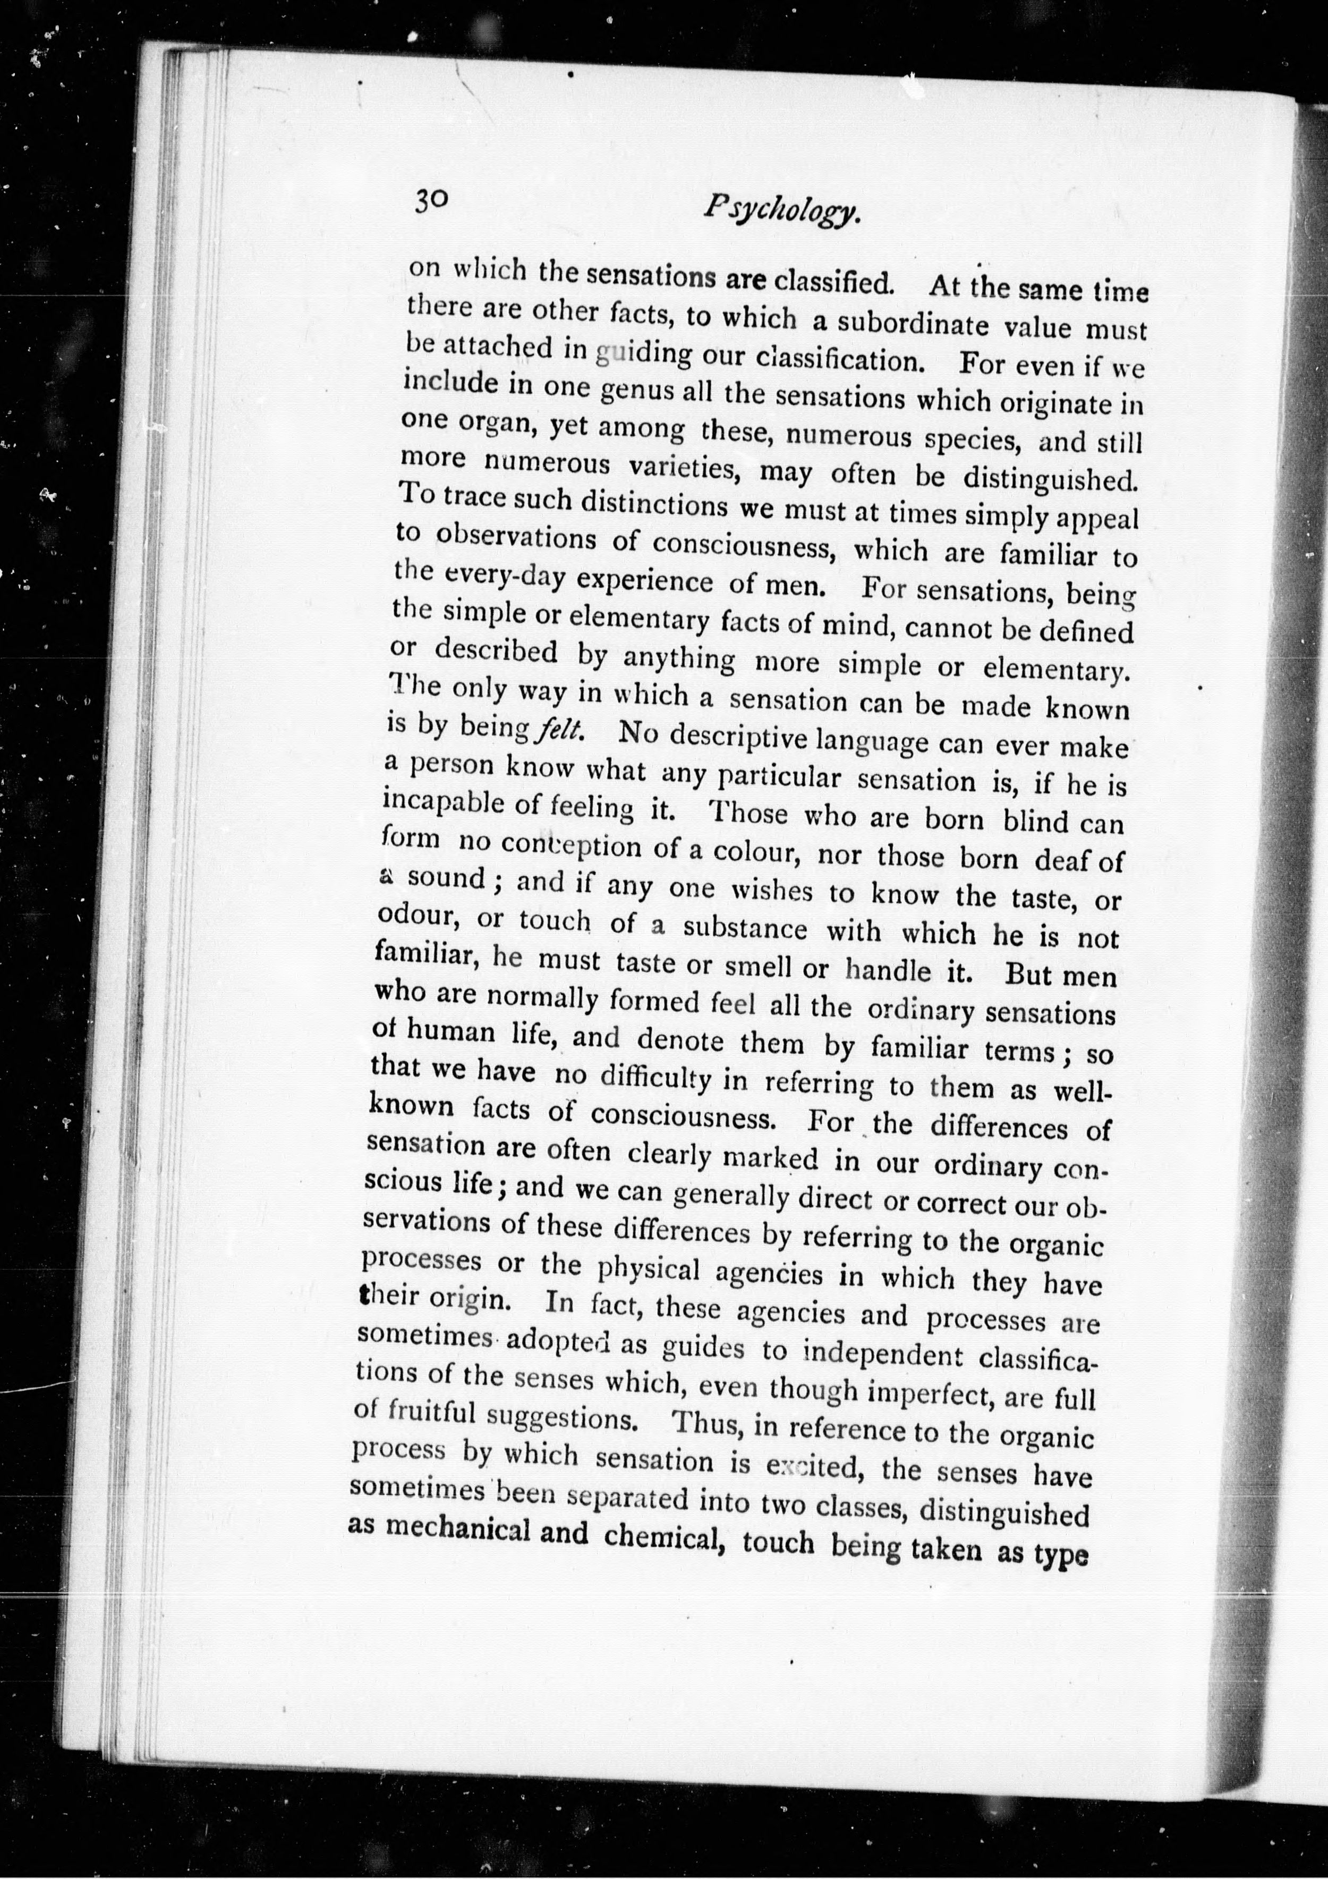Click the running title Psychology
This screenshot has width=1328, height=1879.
[x=782, y=212]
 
